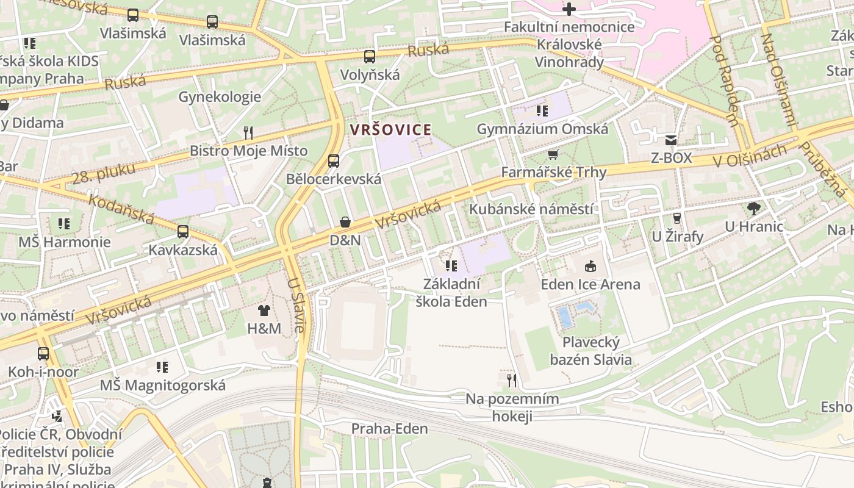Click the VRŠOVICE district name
coord(390,129)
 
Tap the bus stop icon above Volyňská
coord(370,57)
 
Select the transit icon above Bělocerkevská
coord(333,161)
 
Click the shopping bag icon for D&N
coord(345,222)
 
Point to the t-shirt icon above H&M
coord(264,310)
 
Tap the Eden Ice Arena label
coord(590,284)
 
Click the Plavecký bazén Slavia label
coord(590,351)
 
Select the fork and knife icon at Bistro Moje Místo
coord(248,132)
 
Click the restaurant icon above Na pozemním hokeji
coord(512,381)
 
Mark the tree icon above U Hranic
coord(753,209)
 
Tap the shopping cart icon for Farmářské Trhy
coord(553,155)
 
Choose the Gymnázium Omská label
coord(542,129)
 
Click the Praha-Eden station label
coord(389,429)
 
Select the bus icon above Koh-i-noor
coord(43,354)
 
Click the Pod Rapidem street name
coord(725,80)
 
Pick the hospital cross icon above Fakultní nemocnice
coord(569,9)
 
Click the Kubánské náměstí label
coord(530,209)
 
